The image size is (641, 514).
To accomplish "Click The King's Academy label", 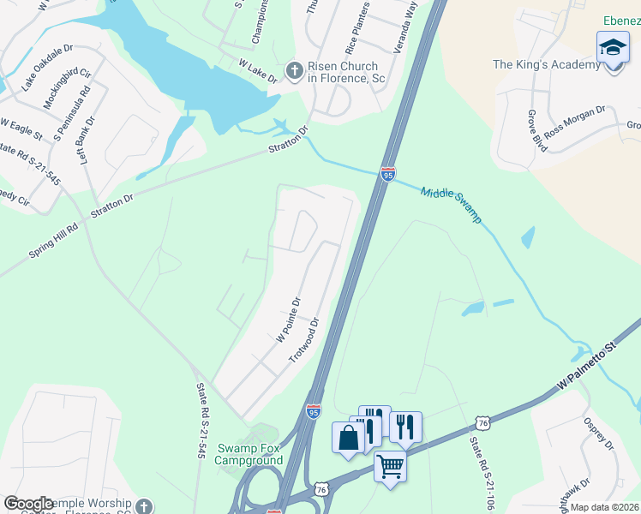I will click(546, 64).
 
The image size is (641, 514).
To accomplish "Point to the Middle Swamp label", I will click(451, 202).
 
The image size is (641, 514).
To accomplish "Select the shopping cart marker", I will click(390, 467).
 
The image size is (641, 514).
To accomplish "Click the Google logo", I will click(28, 504).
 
